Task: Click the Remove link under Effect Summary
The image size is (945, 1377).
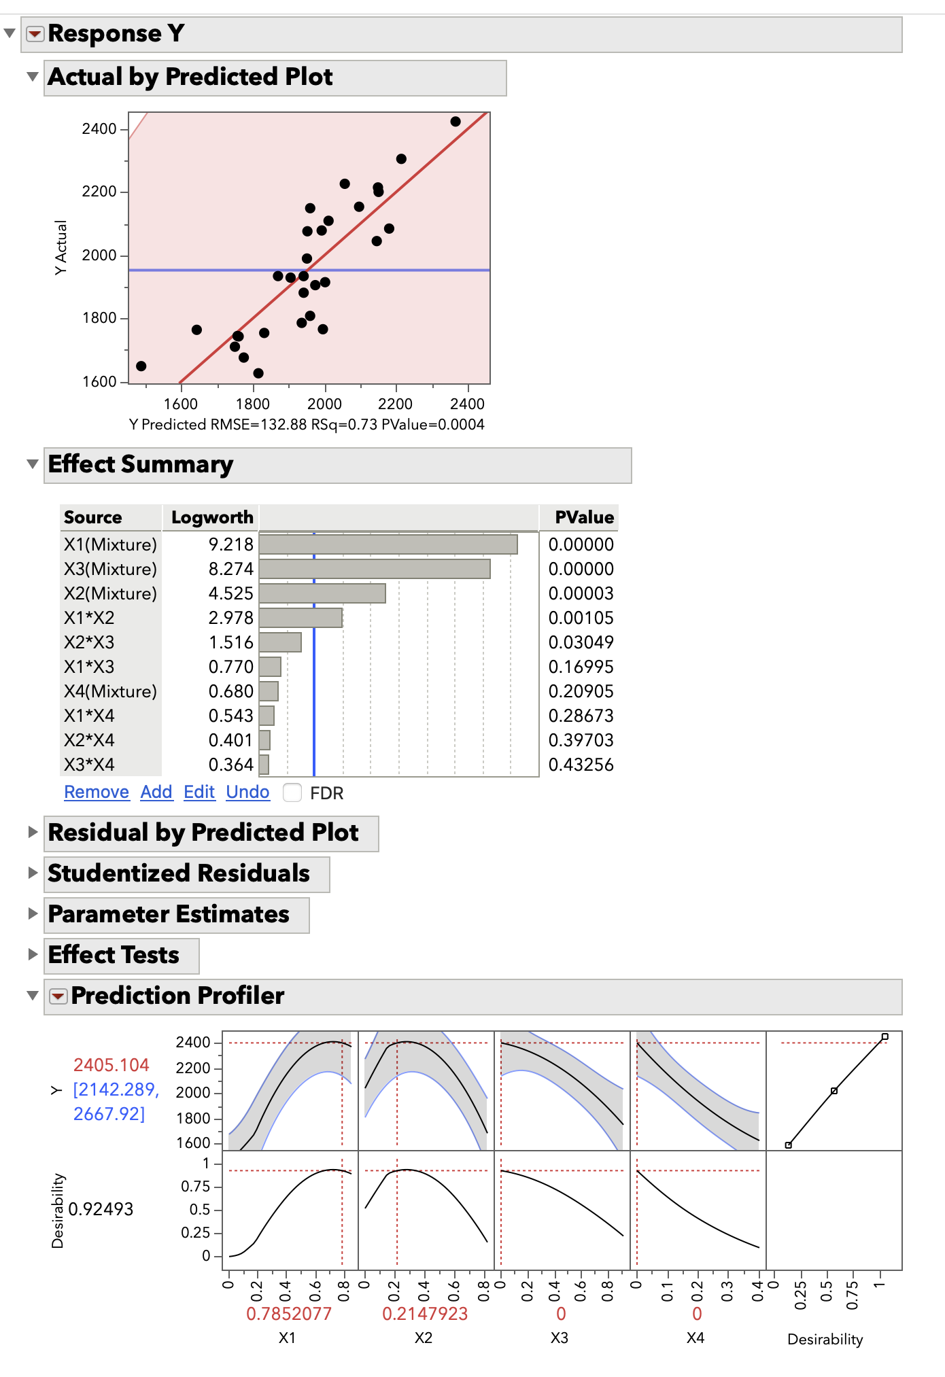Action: click(97, 792)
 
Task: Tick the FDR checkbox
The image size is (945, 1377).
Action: click(292, 792)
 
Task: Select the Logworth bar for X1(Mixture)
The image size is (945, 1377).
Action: click(388, 544)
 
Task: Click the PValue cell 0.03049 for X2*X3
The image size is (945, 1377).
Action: click(581, 642)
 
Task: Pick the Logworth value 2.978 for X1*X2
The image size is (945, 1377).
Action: click(230, 618)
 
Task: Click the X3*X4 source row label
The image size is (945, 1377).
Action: click(89, 765)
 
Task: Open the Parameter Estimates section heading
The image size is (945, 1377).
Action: click(169, 915)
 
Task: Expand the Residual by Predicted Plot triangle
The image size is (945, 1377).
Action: click(32, 833)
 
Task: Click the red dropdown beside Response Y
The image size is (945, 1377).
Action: click(35, 33)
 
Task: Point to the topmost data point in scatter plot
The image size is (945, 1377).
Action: click(456, 122)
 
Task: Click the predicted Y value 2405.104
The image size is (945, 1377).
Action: click(111, 1065)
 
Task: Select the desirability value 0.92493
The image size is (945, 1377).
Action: click(101, 1209)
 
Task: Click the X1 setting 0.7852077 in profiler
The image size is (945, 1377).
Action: click(289, 1314)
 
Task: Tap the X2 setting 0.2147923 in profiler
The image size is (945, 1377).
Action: click(425, 1314)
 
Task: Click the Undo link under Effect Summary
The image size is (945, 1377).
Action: click(247, 792)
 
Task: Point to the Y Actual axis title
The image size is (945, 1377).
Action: click(61, 248)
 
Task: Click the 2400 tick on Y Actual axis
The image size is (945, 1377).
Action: click(99, 129)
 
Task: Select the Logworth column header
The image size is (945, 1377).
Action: click(212, 517)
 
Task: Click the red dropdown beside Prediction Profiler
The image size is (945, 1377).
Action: click(58, 996)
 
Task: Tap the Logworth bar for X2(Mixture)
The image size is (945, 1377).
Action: click(322, 593)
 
